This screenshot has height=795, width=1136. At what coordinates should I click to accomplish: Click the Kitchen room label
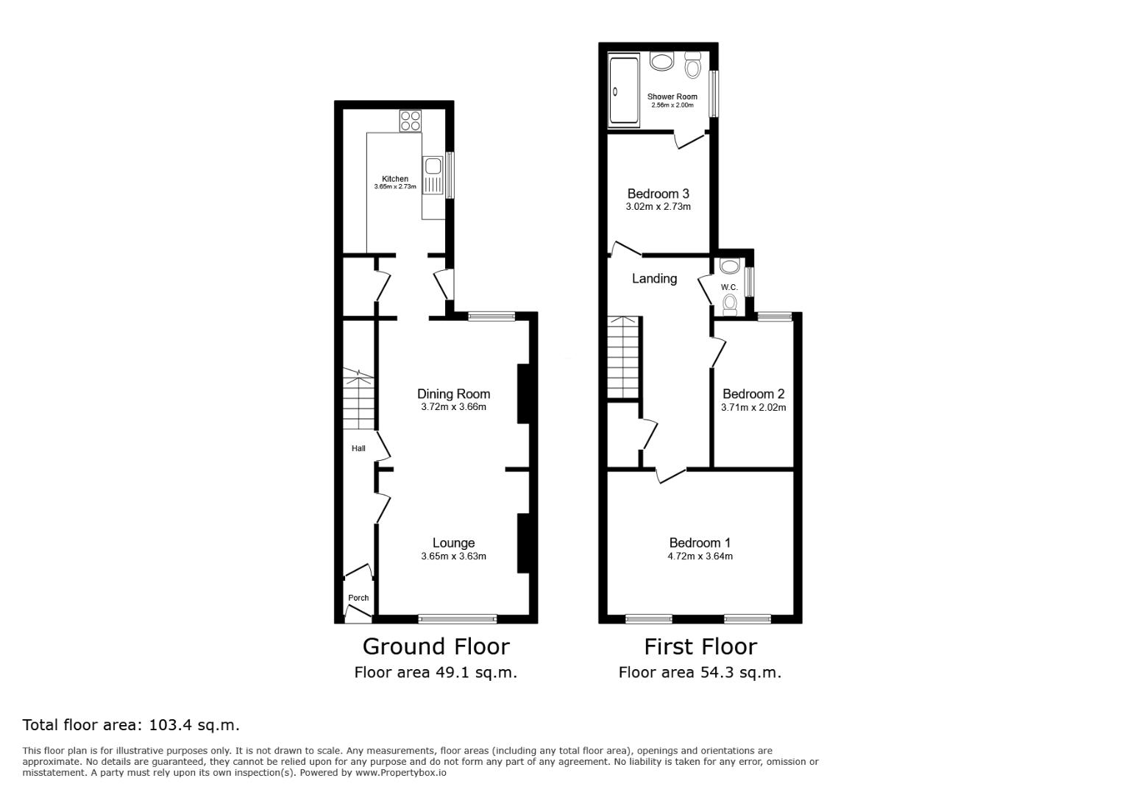pyautogui.click(x=395, y=179)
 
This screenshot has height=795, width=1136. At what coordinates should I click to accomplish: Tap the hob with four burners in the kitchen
pyautogui.click(x=410, y=121)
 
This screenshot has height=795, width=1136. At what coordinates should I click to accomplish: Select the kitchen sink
pyautogui.click(x=433, y=166)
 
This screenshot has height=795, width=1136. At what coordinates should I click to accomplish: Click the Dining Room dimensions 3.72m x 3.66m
pyautogui.click(x=453, y=407)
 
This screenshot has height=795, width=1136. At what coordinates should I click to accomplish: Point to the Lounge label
pyautogui.click(x=453, y=543)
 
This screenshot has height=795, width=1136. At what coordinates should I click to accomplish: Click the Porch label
pyautogui.click(x=358, y=598)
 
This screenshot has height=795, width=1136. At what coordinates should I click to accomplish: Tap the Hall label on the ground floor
pyautogui.click(x=358, y=448)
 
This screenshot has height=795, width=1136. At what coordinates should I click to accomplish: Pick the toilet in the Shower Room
pyautogui.click(x=692, y=66)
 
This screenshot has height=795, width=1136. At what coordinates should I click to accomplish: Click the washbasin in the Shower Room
pyautogui.click(x=662, y=61)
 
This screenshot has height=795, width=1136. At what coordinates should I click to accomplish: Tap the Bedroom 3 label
pyautogui.click(x=658, y=194)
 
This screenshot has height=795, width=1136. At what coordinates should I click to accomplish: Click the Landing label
pyautogui.click(x=654, y=278)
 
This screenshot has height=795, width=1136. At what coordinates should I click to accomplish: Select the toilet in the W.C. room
pyautogui.click(x=730, y=303)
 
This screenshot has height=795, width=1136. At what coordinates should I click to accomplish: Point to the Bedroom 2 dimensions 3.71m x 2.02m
pyautogui.click(x=753, y=408)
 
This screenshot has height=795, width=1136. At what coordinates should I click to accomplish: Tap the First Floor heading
pyautogui.click(x=700, y=646)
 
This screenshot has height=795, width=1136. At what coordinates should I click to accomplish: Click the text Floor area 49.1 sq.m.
pyautogui.click(x=436, y=672)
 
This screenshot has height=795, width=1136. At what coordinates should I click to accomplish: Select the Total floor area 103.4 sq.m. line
pyautogui.click(x=131, y=725)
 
